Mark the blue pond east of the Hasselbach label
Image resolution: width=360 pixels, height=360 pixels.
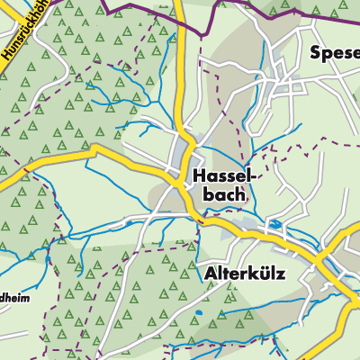pyautogui.click(x=274, y=222)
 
